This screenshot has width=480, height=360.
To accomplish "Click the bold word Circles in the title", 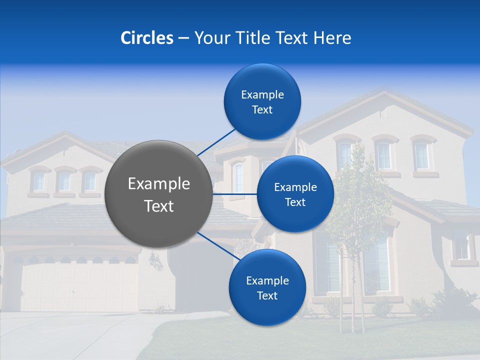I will pos(147,38).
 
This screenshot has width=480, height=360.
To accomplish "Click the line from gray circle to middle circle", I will pos(235,193).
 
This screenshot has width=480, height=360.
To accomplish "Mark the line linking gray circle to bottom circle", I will pos(218,245).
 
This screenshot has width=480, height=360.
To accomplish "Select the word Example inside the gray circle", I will pos(159,184).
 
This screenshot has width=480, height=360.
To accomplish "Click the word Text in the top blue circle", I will pos(262,110).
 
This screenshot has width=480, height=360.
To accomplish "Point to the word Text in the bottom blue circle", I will pos(267,296).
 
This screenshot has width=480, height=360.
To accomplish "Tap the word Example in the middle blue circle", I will pos(295,187).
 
